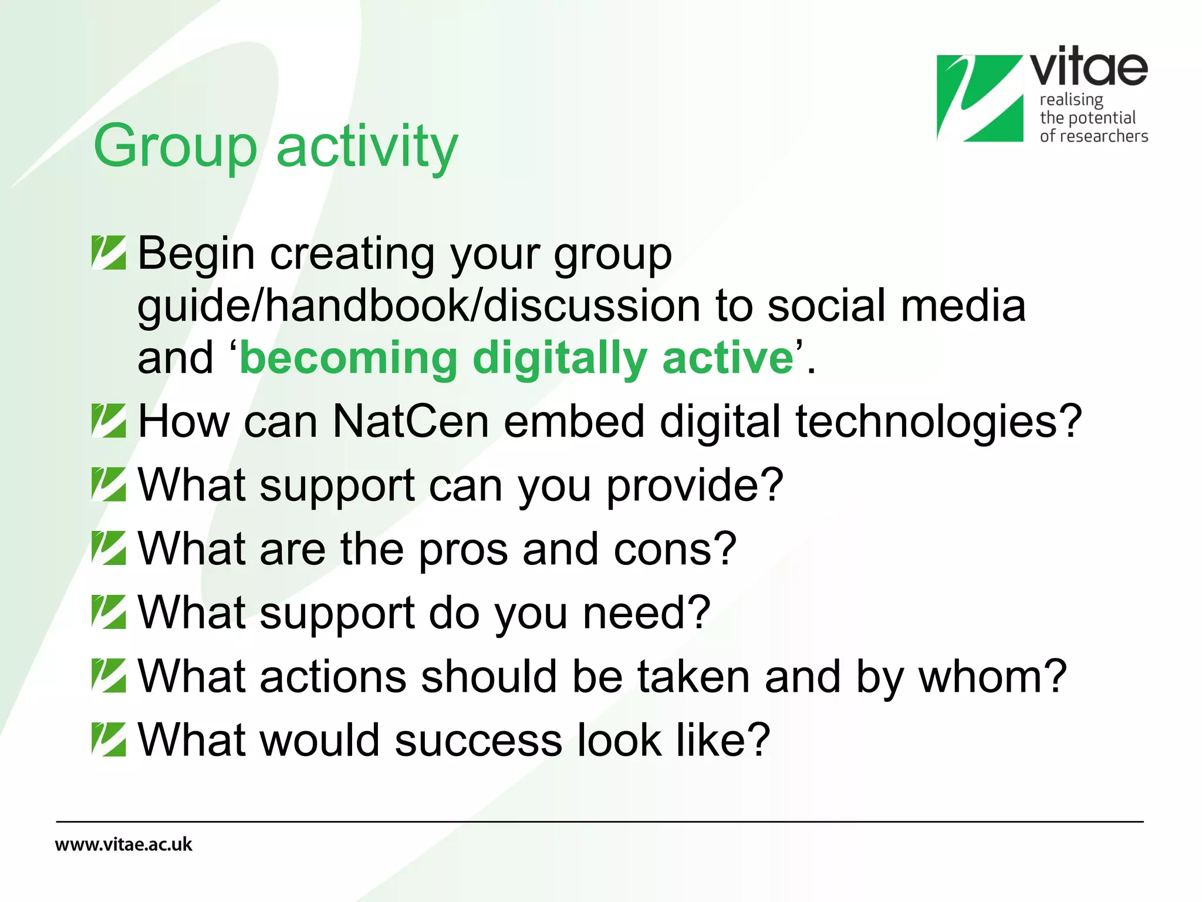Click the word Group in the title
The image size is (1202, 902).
point(175,147)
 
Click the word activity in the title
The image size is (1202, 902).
point(367,147)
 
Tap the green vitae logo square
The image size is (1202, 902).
point(980,98)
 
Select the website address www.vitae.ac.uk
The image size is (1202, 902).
point(124,844)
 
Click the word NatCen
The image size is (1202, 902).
point(410,421)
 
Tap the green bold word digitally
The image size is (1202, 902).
point(559,358)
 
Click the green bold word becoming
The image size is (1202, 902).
point(349,358)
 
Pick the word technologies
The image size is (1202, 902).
point(938,421)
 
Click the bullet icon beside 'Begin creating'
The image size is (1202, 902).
point(109,253)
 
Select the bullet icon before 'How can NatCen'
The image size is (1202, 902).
point(109,421)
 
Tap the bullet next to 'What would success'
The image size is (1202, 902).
point(109,739)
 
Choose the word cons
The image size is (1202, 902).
point(675,549)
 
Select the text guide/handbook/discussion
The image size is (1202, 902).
point(418,306)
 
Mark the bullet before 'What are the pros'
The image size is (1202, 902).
point(109,548)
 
